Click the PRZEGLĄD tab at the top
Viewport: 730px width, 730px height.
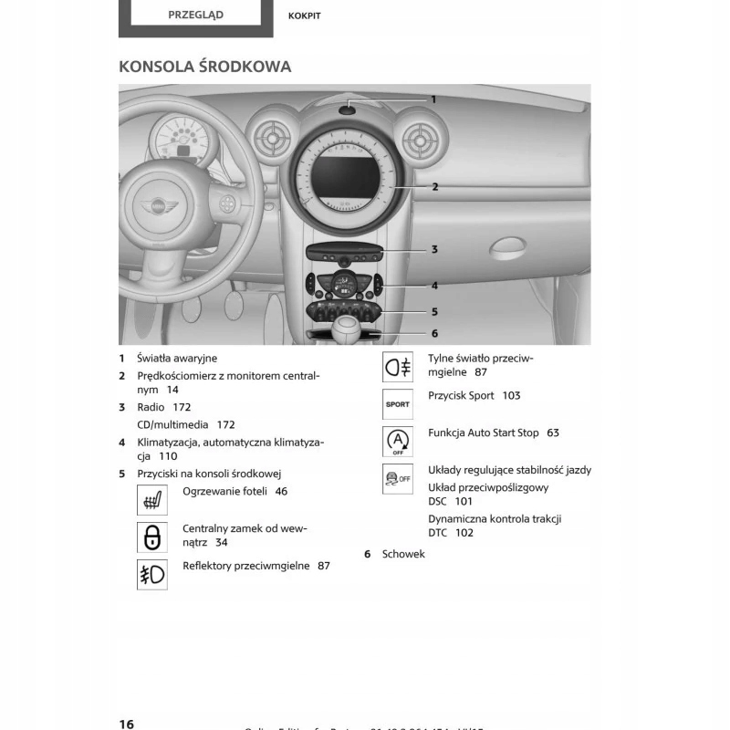point(195,15)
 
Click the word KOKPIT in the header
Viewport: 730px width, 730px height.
point(304,16)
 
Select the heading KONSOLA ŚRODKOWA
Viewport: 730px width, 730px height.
point(205,67)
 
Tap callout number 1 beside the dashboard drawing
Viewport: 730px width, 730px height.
point(433,99)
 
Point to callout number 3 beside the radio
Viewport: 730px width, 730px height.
point(434,249)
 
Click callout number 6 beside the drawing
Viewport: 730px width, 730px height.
point(434,333)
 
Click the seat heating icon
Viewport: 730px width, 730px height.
point(152,500)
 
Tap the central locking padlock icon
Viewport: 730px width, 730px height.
point(152,537)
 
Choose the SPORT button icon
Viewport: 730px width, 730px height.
point(397,403)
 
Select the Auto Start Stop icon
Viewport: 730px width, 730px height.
point(397,441)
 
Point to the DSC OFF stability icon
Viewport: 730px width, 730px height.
point(397,478)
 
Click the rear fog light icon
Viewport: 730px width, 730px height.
point(397,367)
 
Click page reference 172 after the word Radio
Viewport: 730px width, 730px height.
point(182,407)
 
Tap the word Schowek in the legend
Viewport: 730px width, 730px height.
point(403,554)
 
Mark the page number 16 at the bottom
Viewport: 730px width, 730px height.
point(126,724)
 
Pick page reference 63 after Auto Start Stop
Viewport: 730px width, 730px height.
point(553,433)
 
